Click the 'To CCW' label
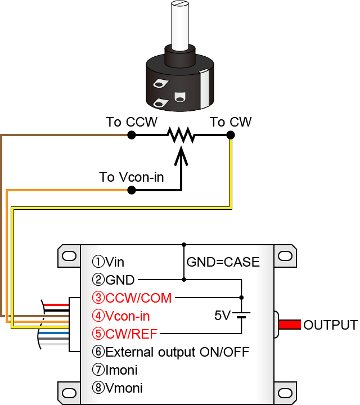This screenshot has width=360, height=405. click(132, 122)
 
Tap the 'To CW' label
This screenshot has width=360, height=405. click(231, 122)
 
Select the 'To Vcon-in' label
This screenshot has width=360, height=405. click(132, 177)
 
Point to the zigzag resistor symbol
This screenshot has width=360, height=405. click(180, 135)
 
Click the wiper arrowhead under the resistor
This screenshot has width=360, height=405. click(181, 154)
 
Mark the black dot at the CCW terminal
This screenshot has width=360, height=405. click(131, 135)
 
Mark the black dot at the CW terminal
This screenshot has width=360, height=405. click(230, 135)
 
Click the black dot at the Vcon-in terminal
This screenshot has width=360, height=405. click(131, 190)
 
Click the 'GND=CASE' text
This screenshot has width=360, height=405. click(223, 262)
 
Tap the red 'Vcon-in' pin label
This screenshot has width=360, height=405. click(128, 316)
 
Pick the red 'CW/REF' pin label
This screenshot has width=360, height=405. click(126, 334)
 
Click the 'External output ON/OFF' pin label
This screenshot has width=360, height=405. click(170, 352)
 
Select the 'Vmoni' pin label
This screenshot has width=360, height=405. click(118, 388)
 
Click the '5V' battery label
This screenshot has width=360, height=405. click(223, 315)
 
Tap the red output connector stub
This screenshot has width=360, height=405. click(289, 325)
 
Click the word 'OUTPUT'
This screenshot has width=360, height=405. click(330, 325)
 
